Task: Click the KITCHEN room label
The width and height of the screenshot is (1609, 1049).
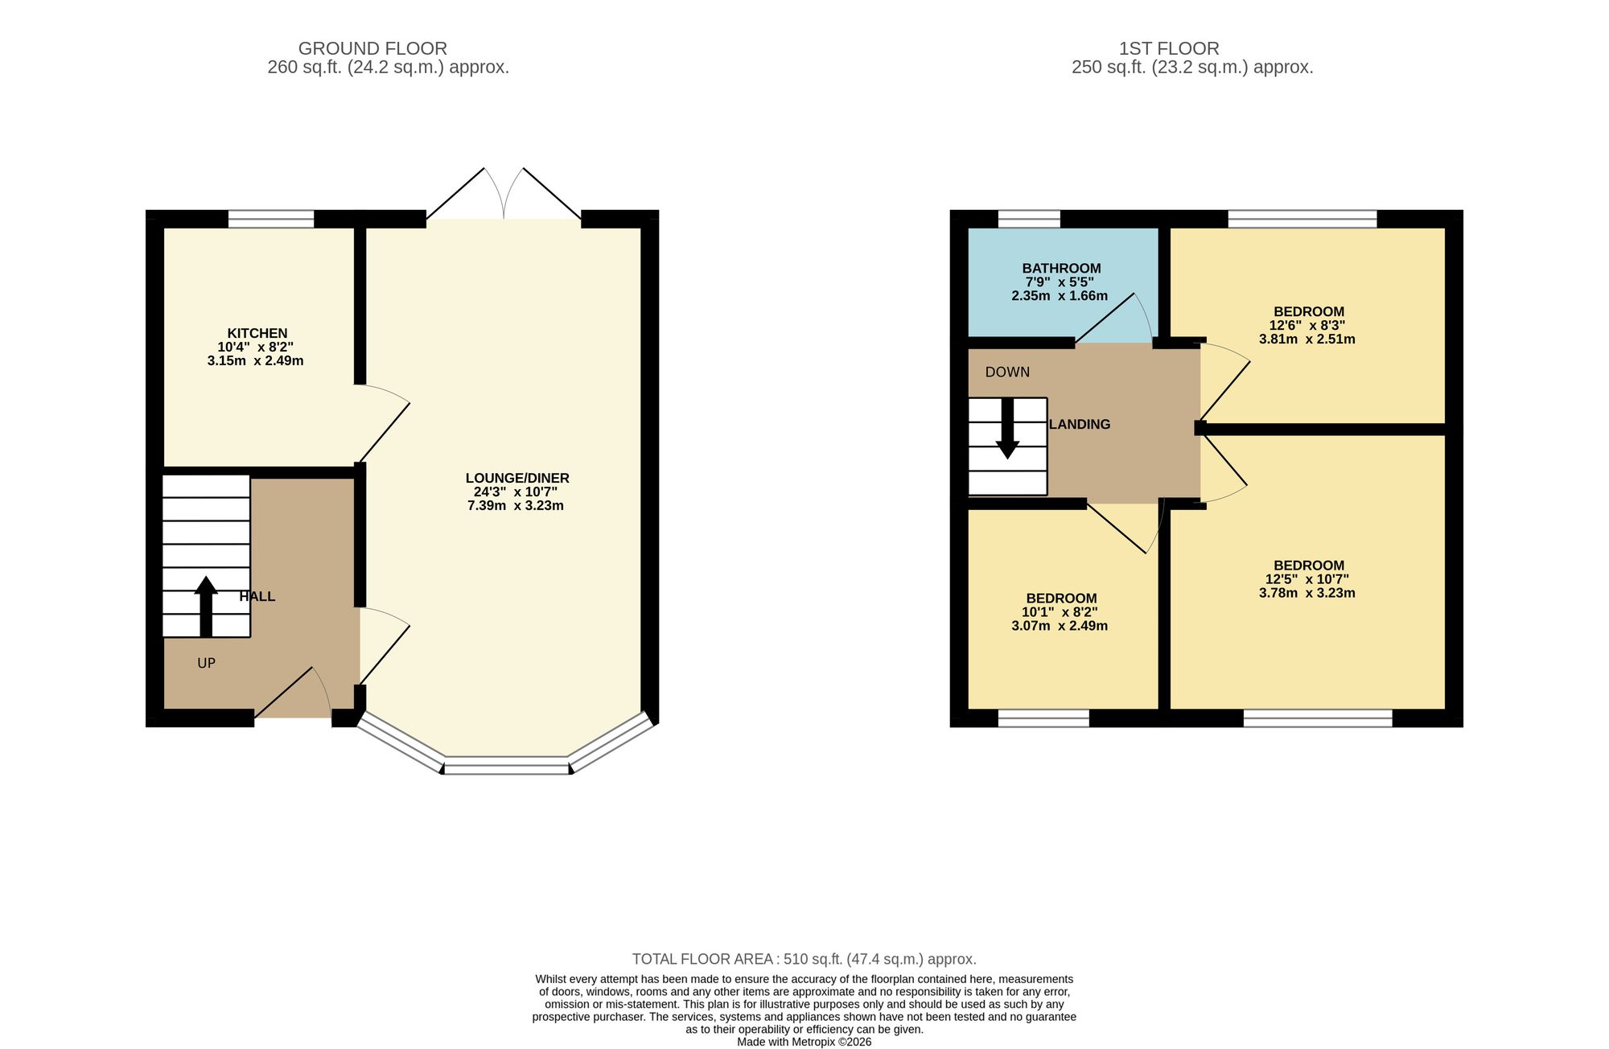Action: [257, 333]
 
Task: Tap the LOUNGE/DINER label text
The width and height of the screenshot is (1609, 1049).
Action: [517, 478]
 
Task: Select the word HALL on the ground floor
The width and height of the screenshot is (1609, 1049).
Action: [257, 596]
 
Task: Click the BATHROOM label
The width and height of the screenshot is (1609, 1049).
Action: [1061, 268]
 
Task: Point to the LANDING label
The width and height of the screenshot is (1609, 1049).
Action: [1080, 424]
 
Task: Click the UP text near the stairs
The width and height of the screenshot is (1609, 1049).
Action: [207, 663]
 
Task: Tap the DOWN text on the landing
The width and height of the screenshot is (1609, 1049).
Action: [1007, 372]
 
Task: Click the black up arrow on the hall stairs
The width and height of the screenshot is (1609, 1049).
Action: [206, 607]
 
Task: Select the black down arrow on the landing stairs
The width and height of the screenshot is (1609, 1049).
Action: [1007, 429]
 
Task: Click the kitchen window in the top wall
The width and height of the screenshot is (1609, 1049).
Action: [271, 219]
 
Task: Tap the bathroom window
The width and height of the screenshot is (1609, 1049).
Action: [1029, 219]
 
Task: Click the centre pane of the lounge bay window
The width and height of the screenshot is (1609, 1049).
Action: [507, 766]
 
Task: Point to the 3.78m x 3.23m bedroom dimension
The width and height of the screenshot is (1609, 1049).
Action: [1307, 593]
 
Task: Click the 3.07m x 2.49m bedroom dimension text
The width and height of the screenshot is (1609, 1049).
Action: [1060, 626]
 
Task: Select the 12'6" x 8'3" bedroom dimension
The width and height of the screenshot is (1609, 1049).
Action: [1307, 326]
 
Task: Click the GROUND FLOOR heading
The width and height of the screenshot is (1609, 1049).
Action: [372, 48]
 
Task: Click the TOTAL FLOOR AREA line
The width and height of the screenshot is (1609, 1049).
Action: [804, 959]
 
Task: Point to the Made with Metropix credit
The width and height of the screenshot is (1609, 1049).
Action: [804, 1042]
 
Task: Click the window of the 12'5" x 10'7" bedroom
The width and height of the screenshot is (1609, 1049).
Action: [1318, 718]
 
